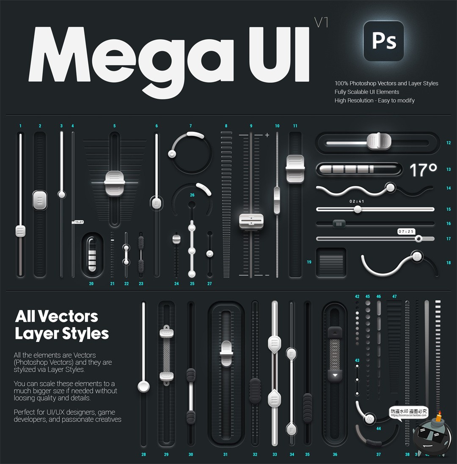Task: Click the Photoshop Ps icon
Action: pos(383,41)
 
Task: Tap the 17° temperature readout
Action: pos(423,170)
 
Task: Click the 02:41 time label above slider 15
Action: pos(357,202)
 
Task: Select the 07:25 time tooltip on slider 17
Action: pos(406,232)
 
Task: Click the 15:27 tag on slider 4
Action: pos(78,221)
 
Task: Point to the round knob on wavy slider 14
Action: pos(390,187)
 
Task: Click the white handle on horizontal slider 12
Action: pos(378,141)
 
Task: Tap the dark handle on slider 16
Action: pos(339,223)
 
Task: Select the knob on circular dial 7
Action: pos(172,154)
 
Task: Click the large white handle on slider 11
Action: pos(295,169)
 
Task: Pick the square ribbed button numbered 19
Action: pos(331,262)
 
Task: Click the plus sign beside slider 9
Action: pos(267,135)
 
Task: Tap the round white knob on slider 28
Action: pos(144,386)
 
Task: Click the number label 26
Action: pos(192,195)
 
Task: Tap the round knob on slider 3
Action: pos(62,194)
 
